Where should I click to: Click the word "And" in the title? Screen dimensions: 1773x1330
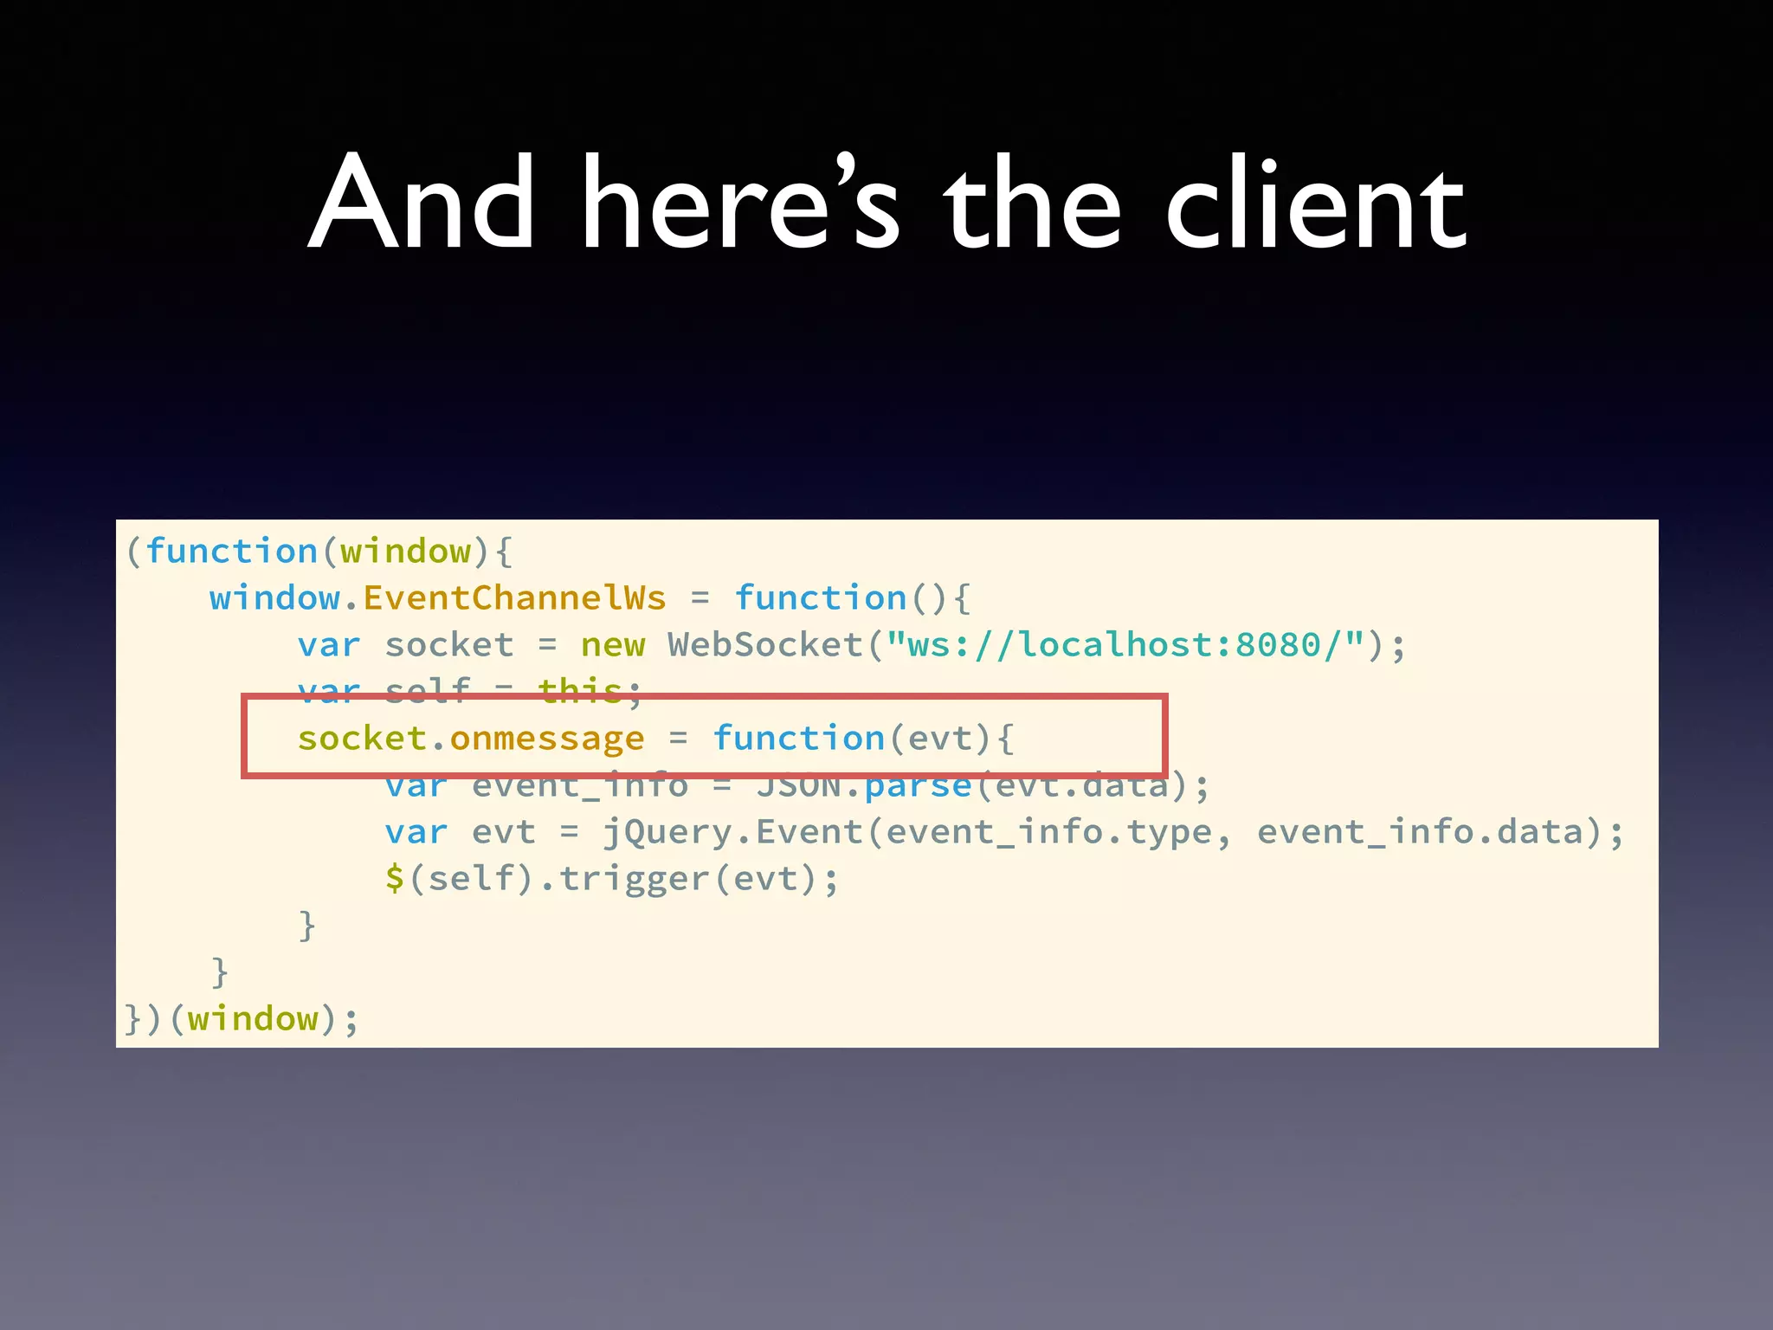click(421, 203)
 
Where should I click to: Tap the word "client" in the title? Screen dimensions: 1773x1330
click(1315, 203)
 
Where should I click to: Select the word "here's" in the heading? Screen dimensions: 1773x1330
click(741, 203)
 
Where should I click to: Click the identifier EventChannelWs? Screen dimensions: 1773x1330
click(514, 598)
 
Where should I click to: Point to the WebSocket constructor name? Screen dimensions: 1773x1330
click(765, 645)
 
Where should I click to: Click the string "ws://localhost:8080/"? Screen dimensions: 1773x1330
click(1125, 645)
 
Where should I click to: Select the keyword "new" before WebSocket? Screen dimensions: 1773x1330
click(613, 645)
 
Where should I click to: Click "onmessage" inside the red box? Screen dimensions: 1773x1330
click(547, 739)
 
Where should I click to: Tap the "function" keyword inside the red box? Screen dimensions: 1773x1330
click(798, 739)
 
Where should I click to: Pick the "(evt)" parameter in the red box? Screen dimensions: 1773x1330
click(939, 739)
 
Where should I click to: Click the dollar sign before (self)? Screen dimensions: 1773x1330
click(395, 879)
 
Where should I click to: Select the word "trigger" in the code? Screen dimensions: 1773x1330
click(635, 879)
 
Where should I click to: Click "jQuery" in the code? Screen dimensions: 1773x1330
click(667, 832)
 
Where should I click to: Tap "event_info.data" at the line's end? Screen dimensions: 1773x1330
click(1420, 832)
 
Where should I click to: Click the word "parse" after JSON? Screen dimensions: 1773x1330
click(918, 785)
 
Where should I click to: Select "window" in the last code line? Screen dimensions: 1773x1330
click(253, 1019)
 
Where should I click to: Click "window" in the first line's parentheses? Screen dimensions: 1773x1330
click(405, 552)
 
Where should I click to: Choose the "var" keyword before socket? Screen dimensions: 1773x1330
click(329, 645)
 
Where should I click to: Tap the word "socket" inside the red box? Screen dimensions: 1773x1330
click(362, 739)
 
